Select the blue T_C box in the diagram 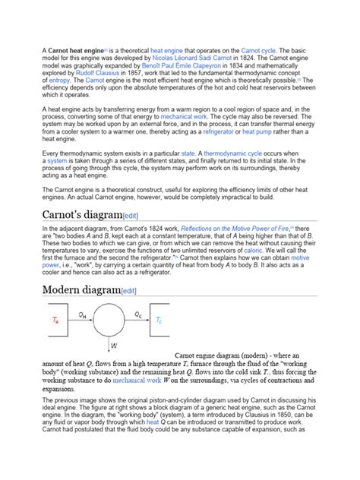click(x=159, y=321)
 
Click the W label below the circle click(x=114, y=345)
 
